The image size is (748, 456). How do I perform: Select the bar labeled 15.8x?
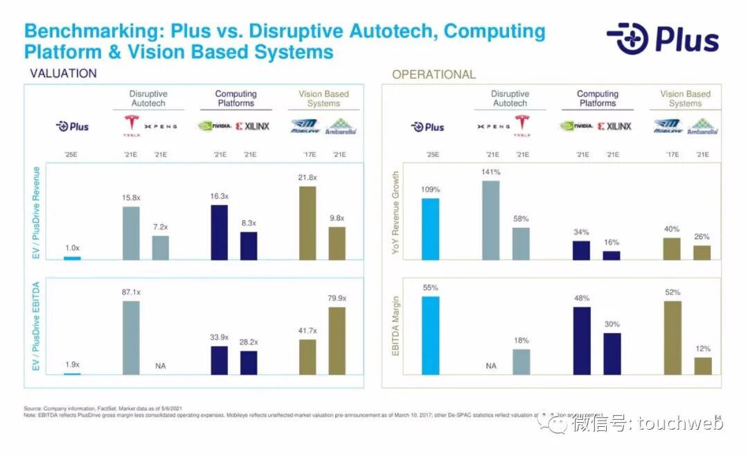click(131, 233)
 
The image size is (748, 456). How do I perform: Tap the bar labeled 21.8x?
click(308, 223)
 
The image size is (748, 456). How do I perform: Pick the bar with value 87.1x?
click(131, 337)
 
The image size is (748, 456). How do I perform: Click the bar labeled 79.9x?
click(337, 340)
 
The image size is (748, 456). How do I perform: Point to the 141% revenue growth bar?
click(491, 220)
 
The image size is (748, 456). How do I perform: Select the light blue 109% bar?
click(430, 229)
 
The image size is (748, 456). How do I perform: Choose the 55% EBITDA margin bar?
click(430, 335)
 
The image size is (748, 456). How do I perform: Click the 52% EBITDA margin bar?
click(673, 337)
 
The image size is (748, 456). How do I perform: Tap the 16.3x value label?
click(219, 197)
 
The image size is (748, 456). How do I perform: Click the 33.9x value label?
click(219, 337)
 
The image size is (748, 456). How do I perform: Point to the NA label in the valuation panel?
click(160, 365)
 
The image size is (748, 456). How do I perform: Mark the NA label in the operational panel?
click(491, 365)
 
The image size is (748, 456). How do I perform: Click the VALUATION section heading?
click(63, 73)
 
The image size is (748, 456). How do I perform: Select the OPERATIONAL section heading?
click(434, 74)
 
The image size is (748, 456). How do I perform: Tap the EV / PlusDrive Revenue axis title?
click(37, 213)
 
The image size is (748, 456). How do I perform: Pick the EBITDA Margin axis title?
click(396, 326)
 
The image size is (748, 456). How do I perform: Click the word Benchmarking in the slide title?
click(92, 32)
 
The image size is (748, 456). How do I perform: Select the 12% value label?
click(703, 349)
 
